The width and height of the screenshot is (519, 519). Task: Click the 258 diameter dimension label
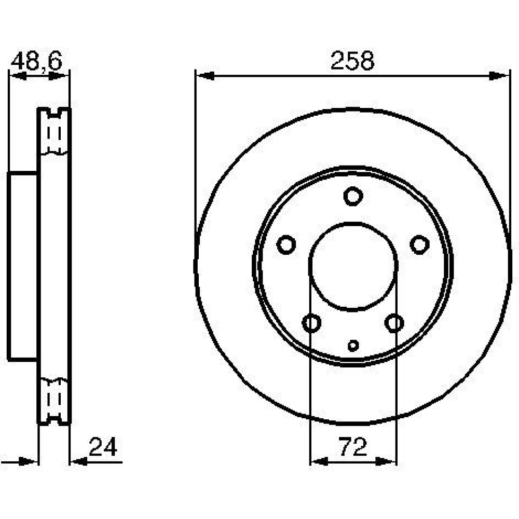(x=352, y=61)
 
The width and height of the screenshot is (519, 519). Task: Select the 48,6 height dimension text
(x=36, y=61)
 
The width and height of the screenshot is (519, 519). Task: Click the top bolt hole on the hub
(x=353, y=196)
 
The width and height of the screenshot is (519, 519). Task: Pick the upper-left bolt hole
(x=286, y=244)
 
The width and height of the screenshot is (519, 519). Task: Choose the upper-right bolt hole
(x=420, y=244)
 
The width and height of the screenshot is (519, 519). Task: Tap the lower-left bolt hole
(x=311, y=323)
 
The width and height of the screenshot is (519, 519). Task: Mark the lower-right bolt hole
(x=394, y=323)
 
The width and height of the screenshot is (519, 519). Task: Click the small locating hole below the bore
(x=353, y=346)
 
